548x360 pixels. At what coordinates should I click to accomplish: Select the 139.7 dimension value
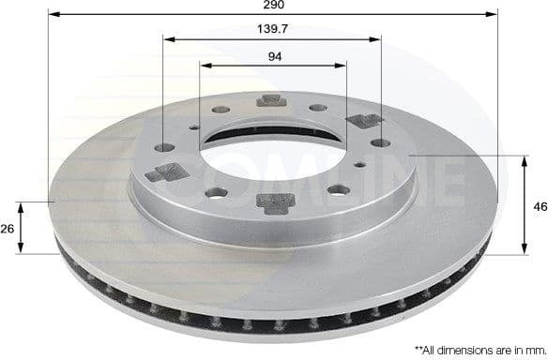tap(272, 30)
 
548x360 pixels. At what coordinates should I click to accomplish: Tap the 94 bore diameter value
tap(274, 56)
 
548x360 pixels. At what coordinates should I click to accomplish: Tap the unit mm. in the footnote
tap(529, 348)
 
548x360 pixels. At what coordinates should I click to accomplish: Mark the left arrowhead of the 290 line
tap(51, 16)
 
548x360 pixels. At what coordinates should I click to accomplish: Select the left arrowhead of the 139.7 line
tap(166, 40)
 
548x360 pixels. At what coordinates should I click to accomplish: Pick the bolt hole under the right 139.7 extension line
tap(381, 142)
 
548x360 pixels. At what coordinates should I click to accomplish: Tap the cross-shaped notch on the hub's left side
tap(173, 172)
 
